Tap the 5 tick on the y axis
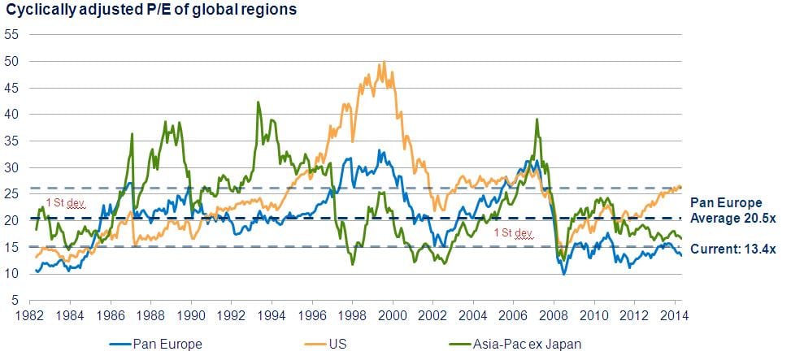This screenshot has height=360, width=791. click(15, 300)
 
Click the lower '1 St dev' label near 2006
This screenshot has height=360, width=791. click(514, 234)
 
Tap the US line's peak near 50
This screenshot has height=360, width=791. click(384, 62)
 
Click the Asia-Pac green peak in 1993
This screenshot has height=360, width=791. click(259, 102)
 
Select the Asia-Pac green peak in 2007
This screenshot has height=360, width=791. click(537, 119)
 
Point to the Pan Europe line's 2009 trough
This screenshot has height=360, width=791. click(564, 275)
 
